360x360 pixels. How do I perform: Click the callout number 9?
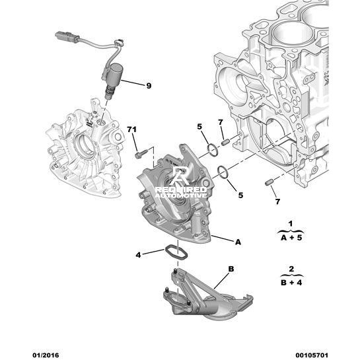[149, 86]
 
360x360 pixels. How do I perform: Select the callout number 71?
[132, 129]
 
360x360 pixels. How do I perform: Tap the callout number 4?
[138, 255]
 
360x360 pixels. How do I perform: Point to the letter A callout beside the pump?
[238, 242]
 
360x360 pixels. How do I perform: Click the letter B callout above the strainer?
[231, 269]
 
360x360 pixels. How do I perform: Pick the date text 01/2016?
[46, 355]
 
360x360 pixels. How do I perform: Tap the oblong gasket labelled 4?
[176, 253]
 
